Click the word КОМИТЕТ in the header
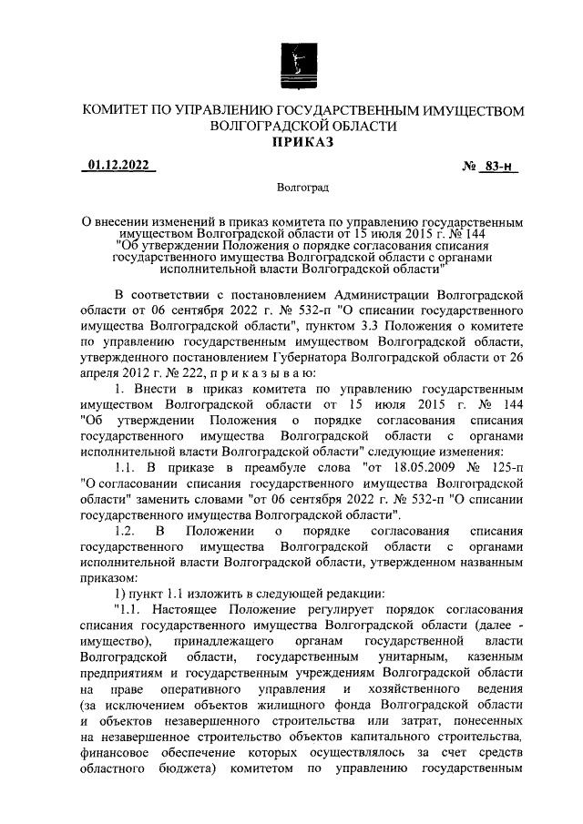[117, 111]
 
